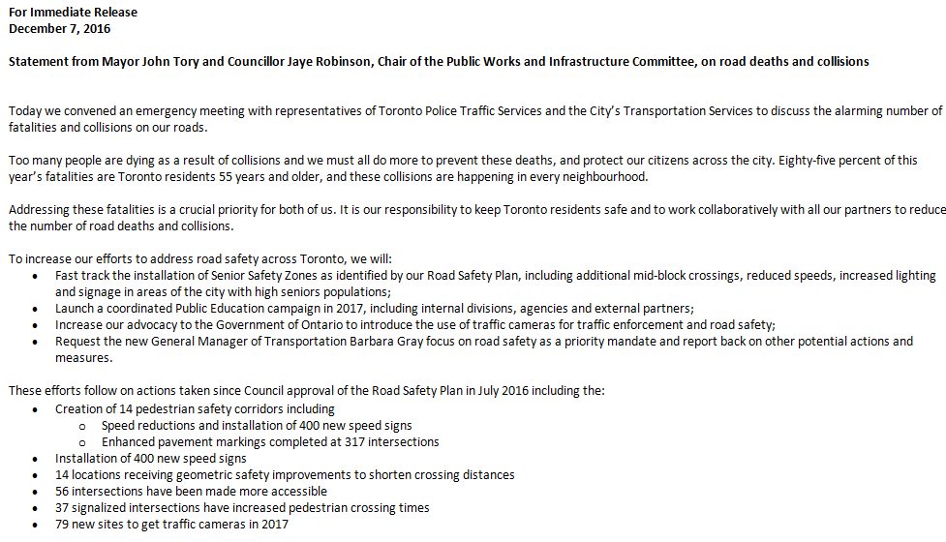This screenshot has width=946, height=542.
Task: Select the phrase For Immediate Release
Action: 73,13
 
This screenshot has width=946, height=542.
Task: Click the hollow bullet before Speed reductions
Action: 85,426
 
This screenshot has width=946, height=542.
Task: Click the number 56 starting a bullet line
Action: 63,491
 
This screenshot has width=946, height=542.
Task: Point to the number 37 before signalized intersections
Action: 63,507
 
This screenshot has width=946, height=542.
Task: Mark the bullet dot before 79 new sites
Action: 37,525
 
